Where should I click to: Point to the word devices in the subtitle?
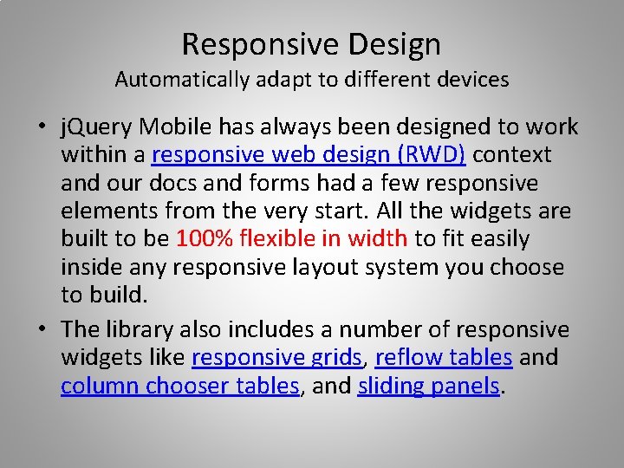[x=472, y=80]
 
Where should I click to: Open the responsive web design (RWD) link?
[x=309, y=155]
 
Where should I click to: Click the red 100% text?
[x=205, y=238]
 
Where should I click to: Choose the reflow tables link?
[x=444, y=357]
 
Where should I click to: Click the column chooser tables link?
[x=179, y=386]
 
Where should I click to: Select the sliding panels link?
[x=429, y=386]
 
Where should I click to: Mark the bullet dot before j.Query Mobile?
[x=42, y=128]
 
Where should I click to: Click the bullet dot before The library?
[x=42, y=330]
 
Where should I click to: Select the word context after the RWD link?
[x=511, y=155]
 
